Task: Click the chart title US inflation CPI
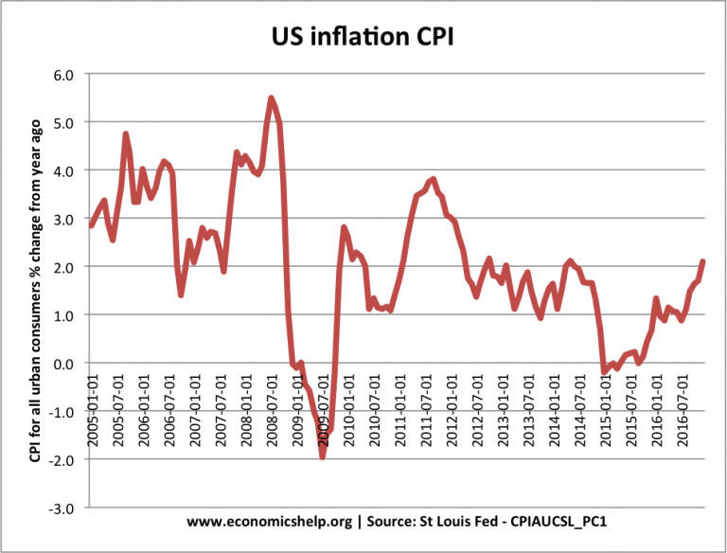pyautogui.click(x=363, y=39)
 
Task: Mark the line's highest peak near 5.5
pyautogui.click(x=272, y=98)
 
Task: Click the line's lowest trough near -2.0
pyautogui.click(x=323, y=456)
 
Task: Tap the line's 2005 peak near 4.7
pyautogui.click(x=126, y=134)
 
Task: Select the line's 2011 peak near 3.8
pyautogui.click(x=433, y=178)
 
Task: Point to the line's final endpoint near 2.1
pyautogui.click(x=702, y=261)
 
